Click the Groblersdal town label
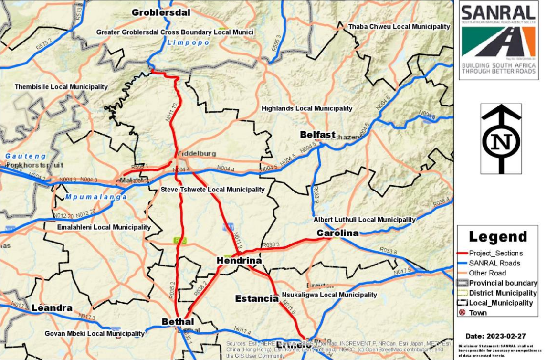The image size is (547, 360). (x=161, y=13)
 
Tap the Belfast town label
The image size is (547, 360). (x=317, y=135)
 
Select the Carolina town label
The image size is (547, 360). (x=337, y=233)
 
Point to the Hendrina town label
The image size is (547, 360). (x=239, y=261)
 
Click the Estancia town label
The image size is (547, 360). (x=257, y=298)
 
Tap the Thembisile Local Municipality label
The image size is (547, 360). (x=61, y=87)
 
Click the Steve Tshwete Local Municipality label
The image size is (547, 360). (x=212, y=190)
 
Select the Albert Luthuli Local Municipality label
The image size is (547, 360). (x=365, y=220)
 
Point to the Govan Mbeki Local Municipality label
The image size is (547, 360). (x=95, y=333)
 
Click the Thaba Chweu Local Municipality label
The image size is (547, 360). (x=399, y=27)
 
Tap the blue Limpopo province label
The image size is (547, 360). (x=188, y=43)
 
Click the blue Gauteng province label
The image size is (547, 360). (x=26, y=156)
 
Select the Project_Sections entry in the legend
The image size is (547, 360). (x=495, y=253)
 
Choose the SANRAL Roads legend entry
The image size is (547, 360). (x=494, y=263)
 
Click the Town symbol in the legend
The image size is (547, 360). (x=463, y=313)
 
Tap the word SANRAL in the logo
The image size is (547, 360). (x=498, y=12)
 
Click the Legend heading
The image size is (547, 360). (x=498, y=237)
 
